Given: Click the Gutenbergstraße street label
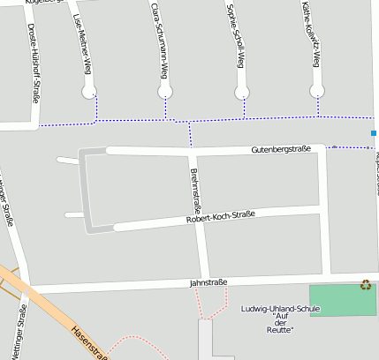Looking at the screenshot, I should click(280, 149).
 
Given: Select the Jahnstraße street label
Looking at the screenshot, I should click(208, 283).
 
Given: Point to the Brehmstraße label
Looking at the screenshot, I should click(195, 187).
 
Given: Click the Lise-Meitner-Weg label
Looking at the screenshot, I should click(82, 44).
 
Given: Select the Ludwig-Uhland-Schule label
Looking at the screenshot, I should click(280, 309).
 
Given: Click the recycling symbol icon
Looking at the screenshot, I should click(366, 284).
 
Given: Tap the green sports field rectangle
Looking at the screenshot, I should click(342, 300).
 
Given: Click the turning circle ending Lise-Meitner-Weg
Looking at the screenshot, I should click(88, 92).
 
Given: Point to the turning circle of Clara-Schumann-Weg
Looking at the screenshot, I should click(164, 92).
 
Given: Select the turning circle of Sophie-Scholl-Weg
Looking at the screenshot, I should click(242, 92).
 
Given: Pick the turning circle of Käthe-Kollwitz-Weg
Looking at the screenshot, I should click(318, 91).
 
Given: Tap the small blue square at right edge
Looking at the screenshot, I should click(375, 133).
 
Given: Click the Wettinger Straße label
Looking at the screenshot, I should click(18, 331).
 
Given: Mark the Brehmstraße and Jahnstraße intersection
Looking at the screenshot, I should click(205, 284).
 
